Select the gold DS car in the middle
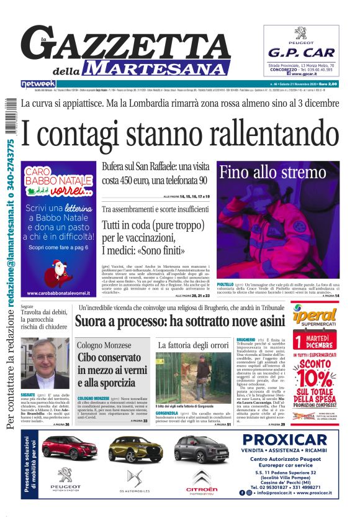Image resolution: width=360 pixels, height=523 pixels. pos(135,448)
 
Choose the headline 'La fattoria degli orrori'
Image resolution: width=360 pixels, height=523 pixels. pos(193,345)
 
